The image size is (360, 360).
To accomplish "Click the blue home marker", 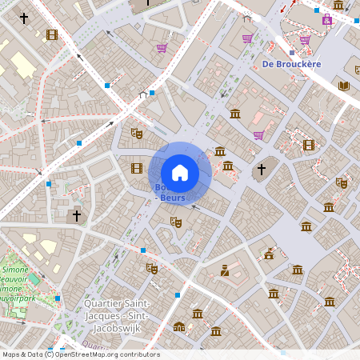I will click(x=180, y=173).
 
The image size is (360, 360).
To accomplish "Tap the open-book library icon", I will click(x=345, y=86).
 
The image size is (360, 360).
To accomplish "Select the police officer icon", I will click(x=225, y=270).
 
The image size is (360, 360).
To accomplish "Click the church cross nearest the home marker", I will click(x=261, y=170).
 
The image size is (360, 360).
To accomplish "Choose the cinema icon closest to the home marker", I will click(x=137, y=168).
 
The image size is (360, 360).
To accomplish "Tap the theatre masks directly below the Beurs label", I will click(x=176, y=222).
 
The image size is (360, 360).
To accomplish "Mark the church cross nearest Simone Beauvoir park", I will click(x=77, y=215).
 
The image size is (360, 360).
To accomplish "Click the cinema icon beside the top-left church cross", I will click(x=52, y=34).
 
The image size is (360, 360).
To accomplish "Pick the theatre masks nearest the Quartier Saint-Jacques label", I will click(x=152, y=268).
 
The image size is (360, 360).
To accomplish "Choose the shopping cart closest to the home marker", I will click(x=258, y=135).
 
